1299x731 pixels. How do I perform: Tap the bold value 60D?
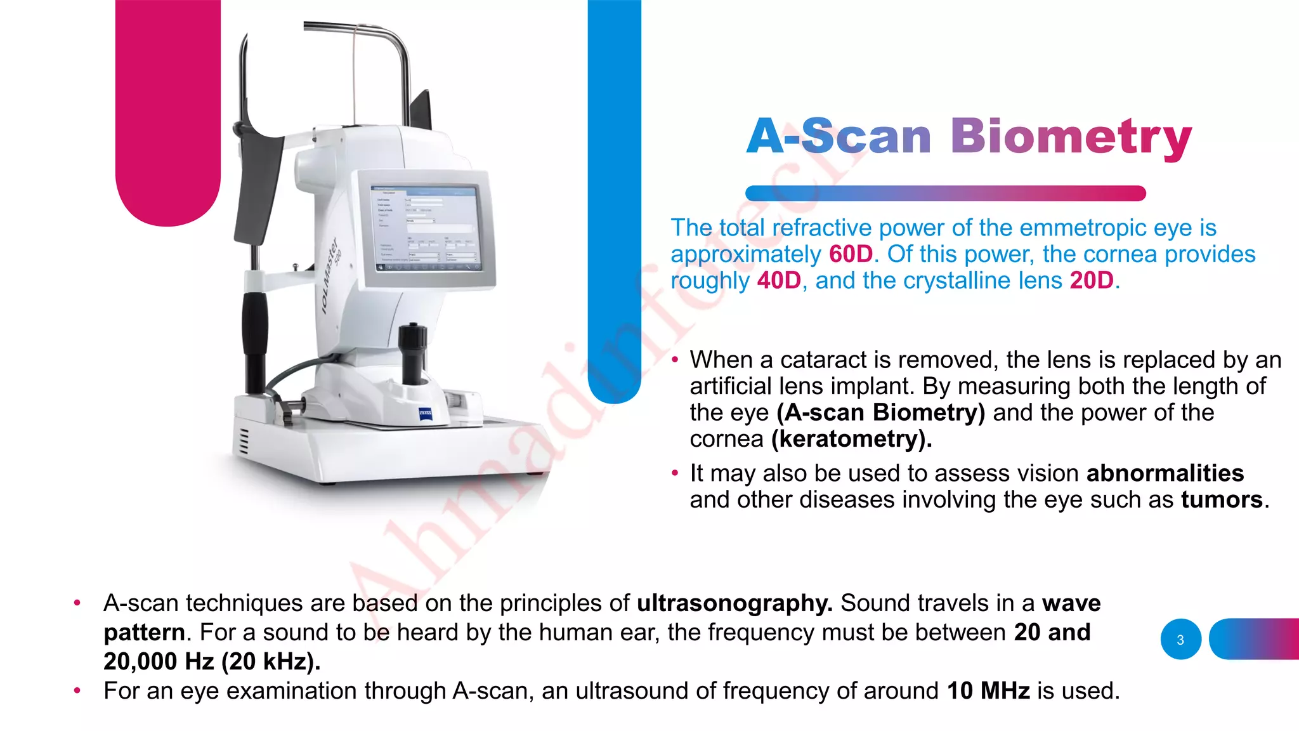click(x=851, y=254)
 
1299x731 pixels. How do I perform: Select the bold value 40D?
click(x=779, y=280)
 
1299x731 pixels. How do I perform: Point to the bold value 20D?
click(x=1091, y=280)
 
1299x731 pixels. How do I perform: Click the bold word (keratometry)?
click(x=851, y=439)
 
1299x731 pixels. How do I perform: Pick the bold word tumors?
click(x=1222, y=500)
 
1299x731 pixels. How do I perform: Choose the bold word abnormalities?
click(x=1165, y=473)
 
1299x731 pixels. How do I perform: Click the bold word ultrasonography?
click(x=734, y=603)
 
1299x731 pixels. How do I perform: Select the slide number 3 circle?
click(x=1180, y=640)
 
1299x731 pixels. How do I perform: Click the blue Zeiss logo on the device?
click(x=426, y=415)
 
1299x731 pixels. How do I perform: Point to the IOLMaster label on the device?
click(x=330, y=276)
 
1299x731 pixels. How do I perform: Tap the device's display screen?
click(x=424, y=228)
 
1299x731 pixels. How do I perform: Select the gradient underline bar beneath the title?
click(x=945, y=193)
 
